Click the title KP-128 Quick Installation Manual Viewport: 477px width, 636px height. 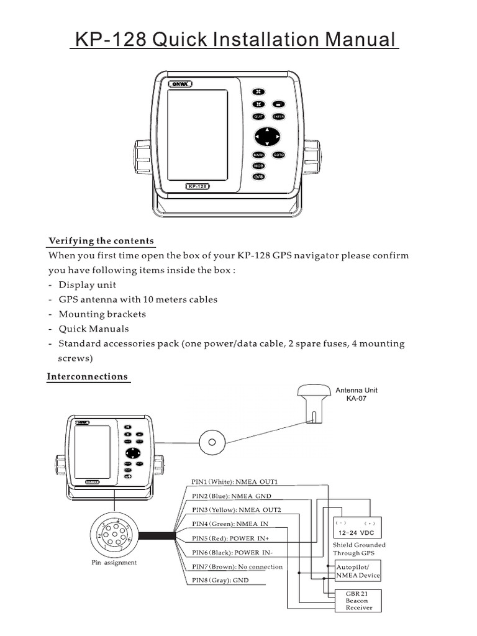pyautogui.click(x=235, y=40)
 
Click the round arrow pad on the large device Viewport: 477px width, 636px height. pyautogui.click(x=267, y=136)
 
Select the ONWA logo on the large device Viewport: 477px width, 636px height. pyautogui.click(x=181, y=84)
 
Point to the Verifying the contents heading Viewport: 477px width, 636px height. pyautogui.click(x=101, y=241)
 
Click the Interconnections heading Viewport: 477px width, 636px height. pyautogui.click(x=88, y=376)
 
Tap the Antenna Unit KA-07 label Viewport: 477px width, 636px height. pyautogui.click(x=357, y=394)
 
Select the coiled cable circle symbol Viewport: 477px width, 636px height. pyautogui.click(x=212, y=442)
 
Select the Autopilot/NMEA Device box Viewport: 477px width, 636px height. pyautogui.click(x=358, y=571)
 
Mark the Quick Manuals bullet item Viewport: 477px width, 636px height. pyautogui.click(x=94, y=329)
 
